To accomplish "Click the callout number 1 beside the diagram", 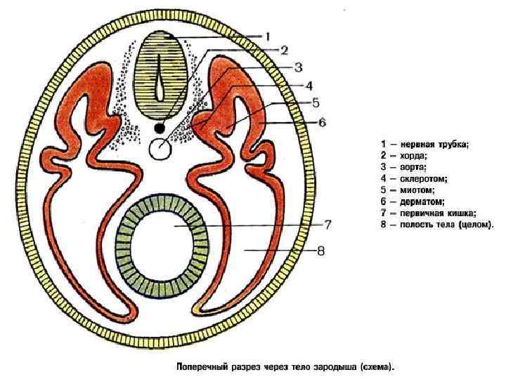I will [x=268, y=36].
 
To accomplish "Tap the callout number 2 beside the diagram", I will [x=284, y=50].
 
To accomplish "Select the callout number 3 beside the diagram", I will [x=298, y=67].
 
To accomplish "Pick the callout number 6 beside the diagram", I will [x=322, y=122].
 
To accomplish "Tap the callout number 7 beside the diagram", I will [x=327, y=225].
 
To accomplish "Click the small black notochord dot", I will [x=160, y=128].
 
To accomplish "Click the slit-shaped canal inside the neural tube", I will [x=161, y=80].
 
